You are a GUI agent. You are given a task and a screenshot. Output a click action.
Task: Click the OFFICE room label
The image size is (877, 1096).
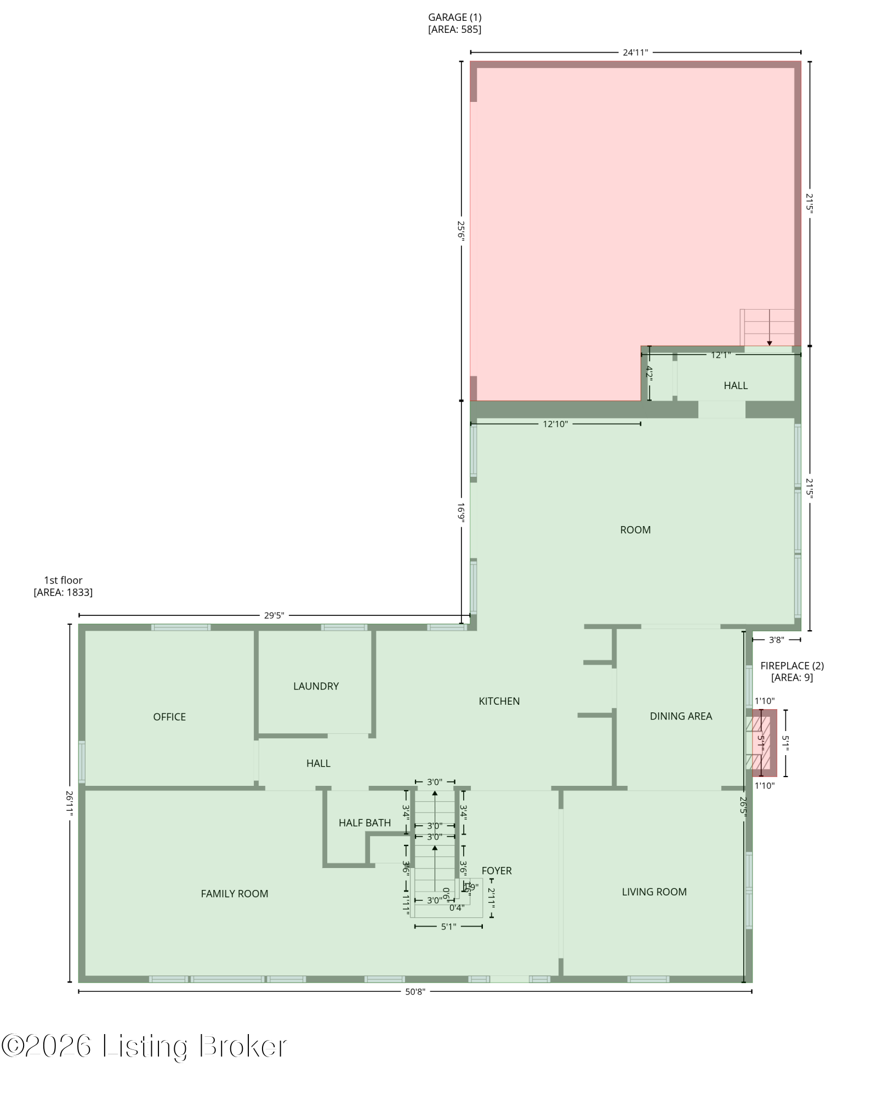click(169, 717)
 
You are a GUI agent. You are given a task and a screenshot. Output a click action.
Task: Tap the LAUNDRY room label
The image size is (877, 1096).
click(316, 686)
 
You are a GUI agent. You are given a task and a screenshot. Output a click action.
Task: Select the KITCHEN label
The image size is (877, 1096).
click(499, 701)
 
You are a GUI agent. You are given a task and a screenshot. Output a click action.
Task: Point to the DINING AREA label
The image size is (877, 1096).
click(681, 716)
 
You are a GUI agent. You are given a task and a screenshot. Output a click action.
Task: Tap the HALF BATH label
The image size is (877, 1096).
click(365, 823)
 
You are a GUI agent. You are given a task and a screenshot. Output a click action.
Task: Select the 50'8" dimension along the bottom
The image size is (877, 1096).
click(415, 991)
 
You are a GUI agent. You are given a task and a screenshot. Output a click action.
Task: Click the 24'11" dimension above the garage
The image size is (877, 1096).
click(635, 53)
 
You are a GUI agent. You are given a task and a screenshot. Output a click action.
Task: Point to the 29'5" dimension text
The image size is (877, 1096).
click(274, 615)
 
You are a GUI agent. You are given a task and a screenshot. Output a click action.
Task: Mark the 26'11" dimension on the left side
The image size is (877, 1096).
click(70, 803)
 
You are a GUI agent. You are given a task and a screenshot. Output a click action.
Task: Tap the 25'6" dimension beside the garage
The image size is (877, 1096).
click(462, 231)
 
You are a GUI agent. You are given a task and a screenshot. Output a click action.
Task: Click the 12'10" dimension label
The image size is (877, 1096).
click(555, 424)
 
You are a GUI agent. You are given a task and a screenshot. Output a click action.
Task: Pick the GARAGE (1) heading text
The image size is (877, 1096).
click(454, 18)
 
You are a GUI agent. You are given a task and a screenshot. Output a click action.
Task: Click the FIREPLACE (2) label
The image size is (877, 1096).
click(792, 666)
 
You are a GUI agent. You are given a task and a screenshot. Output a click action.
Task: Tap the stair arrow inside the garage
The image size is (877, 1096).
click(769, 328)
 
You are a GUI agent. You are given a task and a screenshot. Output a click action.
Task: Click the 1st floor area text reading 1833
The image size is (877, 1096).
click(63, 592)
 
